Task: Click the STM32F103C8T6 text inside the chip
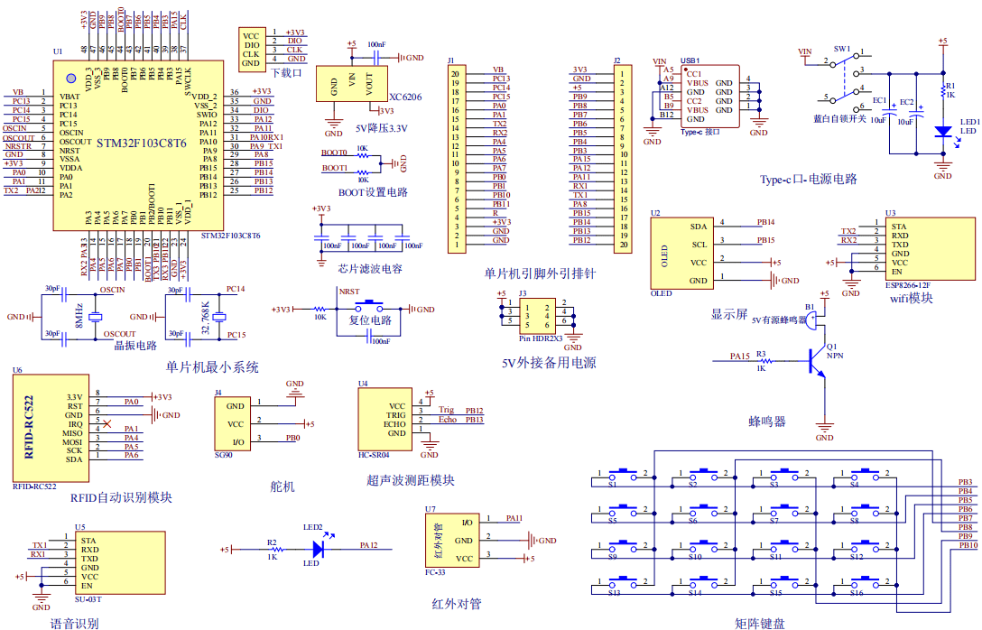[142, 144]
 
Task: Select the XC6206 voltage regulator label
[405, 96]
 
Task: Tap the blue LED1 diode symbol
[943, 132]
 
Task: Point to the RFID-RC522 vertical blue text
[29, 427]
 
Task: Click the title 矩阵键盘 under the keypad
[760, 622]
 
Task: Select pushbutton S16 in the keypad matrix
[855, 582]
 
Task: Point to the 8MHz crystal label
[80, 316]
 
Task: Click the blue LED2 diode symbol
[318, 547]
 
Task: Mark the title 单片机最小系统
[212, 367]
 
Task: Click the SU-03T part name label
[88, 599]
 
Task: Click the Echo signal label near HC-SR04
[448, 420]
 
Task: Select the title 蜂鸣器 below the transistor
[767, 422]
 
